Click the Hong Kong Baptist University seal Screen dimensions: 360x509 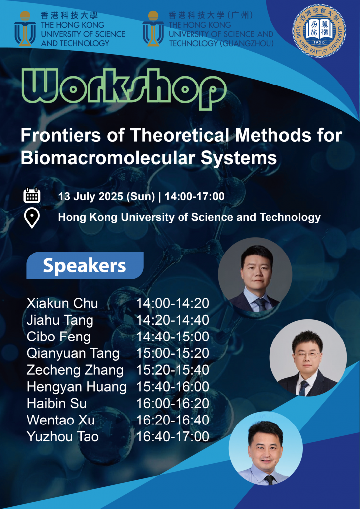pos(319,31)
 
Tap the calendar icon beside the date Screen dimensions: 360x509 pos(32,196)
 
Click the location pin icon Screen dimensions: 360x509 pos(32,218)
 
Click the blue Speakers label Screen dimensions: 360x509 pos(85,265)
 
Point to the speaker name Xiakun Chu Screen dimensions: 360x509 pos(62,303)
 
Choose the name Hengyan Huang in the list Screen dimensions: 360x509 pos(77,387)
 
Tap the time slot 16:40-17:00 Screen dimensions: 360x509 pos(173,436)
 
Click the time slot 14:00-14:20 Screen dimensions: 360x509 pos(173,303)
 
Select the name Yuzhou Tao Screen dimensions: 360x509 pos(63,436)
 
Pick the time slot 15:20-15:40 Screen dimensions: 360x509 pos(173,370)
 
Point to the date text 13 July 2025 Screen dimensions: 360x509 pos(90,196)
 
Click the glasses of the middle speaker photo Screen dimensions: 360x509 pos(307,354)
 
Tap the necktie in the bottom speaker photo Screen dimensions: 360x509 pos(269,480)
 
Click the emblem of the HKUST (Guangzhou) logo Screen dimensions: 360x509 pos(153,28)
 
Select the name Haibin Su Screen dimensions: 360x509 pos(57,404)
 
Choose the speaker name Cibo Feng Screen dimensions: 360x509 pos(59,337)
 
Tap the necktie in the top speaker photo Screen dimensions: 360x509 pos(262,305)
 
